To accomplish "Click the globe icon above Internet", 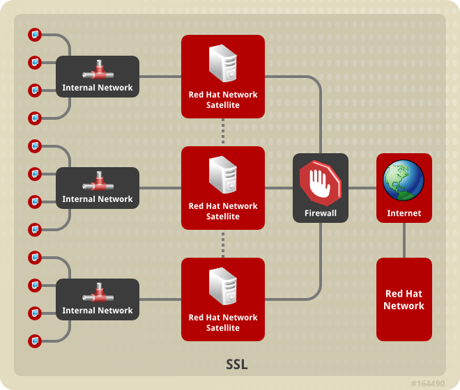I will pos(404,179).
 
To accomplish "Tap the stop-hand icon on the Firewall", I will pos(321,182).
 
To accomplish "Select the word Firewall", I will pos(321,213).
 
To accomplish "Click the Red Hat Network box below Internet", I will pos(404,299).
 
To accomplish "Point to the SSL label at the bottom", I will pos(237,364).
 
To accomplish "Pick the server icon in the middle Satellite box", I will pos(223,175).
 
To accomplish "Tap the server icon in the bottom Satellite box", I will pos(223,287).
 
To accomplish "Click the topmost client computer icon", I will pos(34,34).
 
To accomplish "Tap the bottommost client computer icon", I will pos(34,341).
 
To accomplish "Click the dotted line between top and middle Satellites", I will pos(223,132).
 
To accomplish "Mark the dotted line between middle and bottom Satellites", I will pos(223,244).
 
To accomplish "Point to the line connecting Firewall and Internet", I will pos(362,188).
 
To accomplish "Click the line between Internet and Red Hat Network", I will pos(404,240).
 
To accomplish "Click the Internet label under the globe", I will pos(404,213).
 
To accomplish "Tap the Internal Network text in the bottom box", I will pos(98,311).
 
